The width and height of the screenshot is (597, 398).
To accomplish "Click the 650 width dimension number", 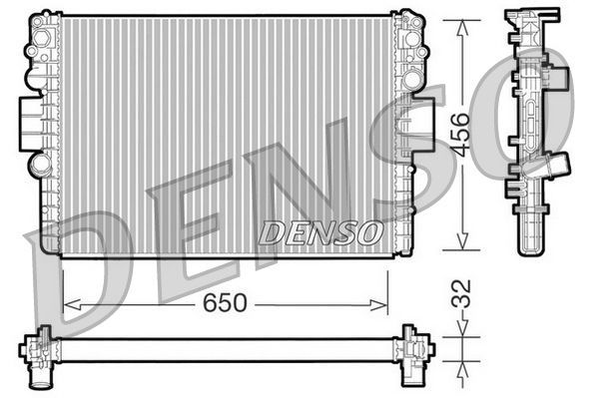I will pyautogui.click(x=226, y=303).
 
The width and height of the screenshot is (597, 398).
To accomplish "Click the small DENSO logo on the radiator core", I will pyautogui.click(x=320, y=232).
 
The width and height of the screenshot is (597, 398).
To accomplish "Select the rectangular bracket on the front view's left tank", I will pyautogui.click(x=30, y=125).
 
